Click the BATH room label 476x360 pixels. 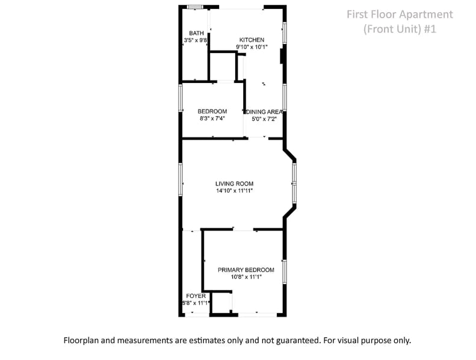(196, 33)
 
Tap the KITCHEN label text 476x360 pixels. (252, 40)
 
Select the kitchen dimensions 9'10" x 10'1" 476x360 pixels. (252, 47)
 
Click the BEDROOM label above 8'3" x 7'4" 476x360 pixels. (212, 111)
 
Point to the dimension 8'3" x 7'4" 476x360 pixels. (212, 119)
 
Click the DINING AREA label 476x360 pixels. (264, 112)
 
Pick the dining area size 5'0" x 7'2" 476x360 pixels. (264, 119)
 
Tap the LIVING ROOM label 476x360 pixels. (234, 184)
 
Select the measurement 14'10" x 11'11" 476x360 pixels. (234, 191)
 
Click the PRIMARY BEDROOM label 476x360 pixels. (246, 270)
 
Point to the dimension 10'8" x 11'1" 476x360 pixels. (246, 277)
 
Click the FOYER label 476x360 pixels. (196, 296)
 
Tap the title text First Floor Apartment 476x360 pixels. (400, 14)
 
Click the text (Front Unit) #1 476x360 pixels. (400, 29)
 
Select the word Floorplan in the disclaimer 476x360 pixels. (81, 340)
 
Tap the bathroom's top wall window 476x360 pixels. (195, 7)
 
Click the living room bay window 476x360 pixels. (294, 183)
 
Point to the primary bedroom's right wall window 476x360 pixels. (285, 272)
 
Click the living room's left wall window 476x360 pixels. (181, 179)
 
